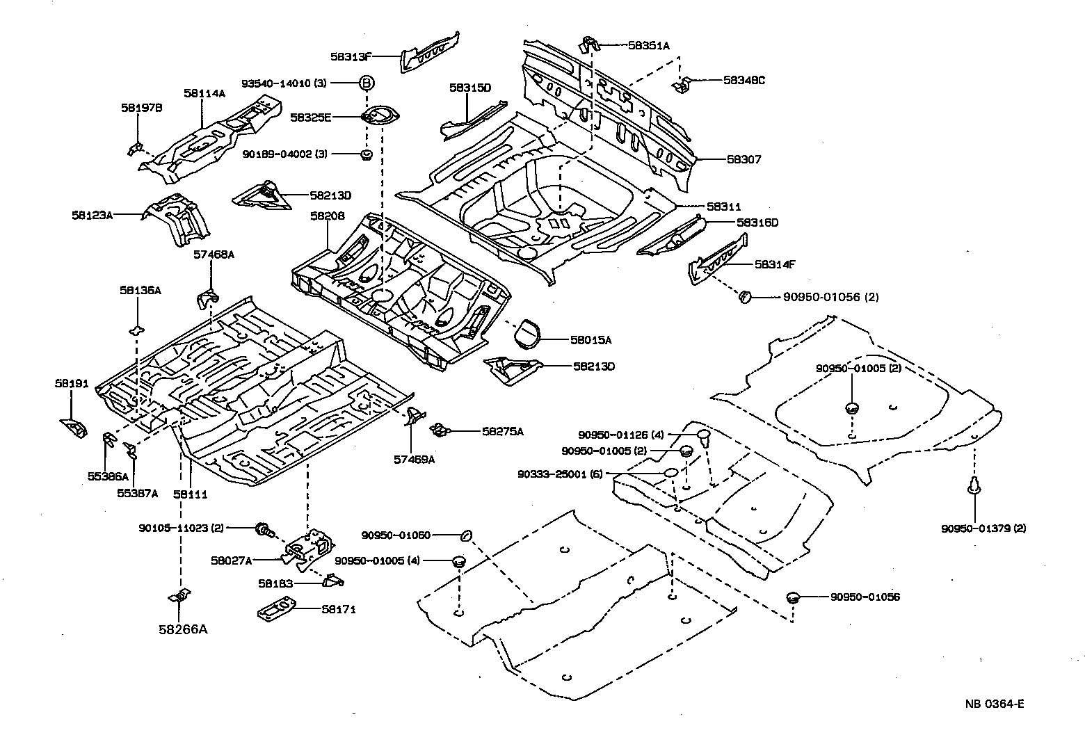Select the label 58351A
click(648, 46)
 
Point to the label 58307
click(744, 159)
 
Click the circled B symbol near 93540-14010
click(366, 83)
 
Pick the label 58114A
click(204, 93)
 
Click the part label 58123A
click(92, 215)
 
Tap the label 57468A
click(214, 255)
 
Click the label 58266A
click(183, 629)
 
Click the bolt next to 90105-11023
click(264, 529)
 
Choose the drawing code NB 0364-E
click(994, 703)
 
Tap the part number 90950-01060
click(396, 535)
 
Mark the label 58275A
click(502, 431)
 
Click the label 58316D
click(757, 223)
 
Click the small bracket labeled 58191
click(73, 426)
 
